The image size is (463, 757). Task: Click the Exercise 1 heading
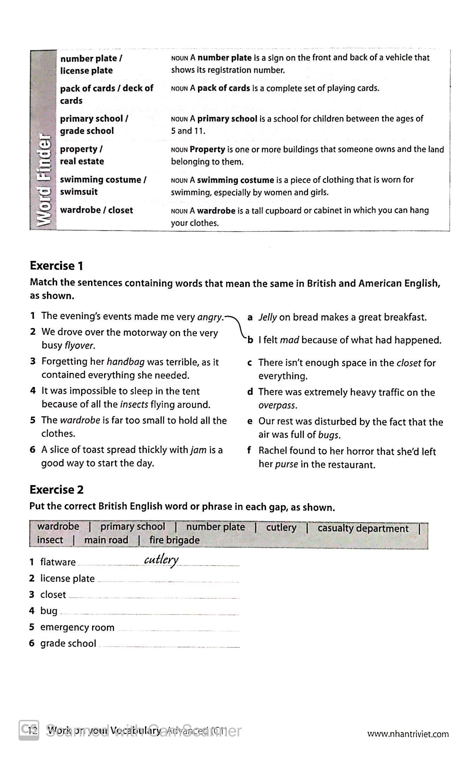[56, 266]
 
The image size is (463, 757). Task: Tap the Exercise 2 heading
[56, 490]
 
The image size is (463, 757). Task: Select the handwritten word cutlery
[161, 560]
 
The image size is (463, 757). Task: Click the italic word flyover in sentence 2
[79, 345]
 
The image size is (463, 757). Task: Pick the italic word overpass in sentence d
[277, 405]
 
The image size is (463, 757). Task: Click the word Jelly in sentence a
[267, 317]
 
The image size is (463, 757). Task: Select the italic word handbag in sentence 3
[125, 362]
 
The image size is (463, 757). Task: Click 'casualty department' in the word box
[363, 528]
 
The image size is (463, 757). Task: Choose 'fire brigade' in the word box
[174, 540]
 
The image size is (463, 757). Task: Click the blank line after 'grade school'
[169, 645]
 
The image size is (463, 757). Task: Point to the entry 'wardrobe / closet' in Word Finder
[96, 210]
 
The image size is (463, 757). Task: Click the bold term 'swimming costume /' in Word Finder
[103, 180]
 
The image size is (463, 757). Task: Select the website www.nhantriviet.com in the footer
[408, 734]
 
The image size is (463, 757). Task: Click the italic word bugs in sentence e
[329, 435]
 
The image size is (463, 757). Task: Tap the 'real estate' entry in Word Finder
[82, 161]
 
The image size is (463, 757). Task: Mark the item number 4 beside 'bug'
[32, 611]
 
